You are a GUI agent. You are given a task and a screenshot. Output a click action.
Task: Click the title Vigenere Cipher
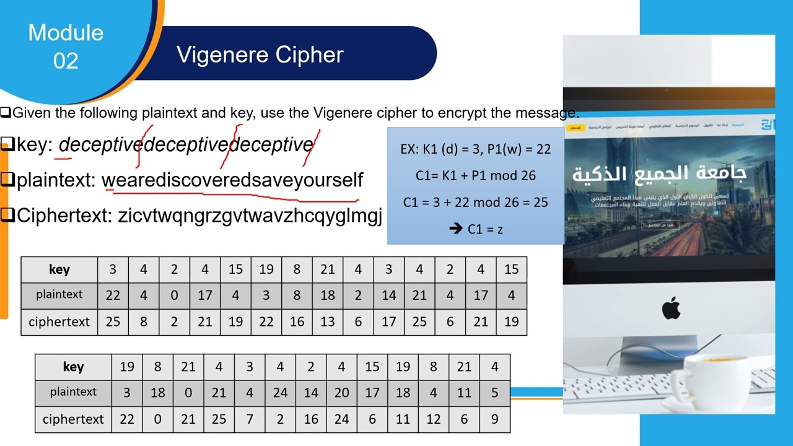[260, 55]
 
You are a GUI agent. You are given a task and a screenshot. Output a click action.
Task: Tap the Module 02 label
[66, 46]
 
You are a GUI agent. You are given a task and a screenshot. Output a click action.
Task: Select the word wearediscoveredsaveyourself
[232, 180]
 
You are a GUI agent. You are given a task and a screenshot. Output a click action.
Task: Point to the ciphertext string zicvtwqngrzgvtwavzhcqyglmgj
[250, 216]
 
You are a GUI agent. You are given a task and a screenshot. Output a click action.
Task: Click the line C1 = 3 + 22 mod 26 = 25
[475, 203]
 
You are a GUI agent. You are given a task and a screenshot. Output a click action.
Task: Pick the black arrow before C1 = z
[457, 229]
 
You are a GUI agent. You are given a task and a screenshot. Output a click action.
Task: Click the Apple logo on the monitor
[671, 308]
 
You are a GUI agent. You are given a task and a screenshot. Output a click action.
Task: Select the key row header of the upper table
[59, 269]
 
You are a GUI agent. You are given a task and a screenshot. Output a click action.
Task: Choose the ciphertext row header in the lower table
[73, 419]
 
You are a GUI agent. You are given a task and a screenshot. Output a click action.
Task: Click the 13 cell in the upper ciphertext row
[327, 322]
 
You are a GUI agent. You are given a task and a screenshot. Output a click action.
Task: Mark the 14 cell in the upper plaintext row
[388, 295]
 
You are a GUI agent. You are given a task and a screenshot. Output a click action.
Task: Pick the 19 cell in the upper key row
[266, 269]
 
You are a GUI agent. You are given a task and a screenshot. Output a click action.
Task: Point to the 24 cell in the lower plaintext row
[280, 392]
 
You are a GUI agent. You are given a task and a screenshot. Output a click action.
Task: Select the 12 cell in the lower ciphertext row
[433, 419]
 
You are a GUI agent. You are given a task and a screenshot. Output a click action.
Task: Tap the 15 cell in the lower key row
[372, 367]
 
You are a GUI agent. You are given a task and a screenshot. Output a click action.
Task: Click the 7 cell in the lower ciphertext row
[249, 419]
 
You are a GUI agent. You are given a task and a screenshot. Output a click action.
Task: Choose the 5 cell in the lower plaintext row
[494, 392]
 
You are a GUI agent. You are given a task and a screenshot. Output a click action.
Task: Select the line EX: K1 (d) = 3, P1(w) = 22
[475, 149]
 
